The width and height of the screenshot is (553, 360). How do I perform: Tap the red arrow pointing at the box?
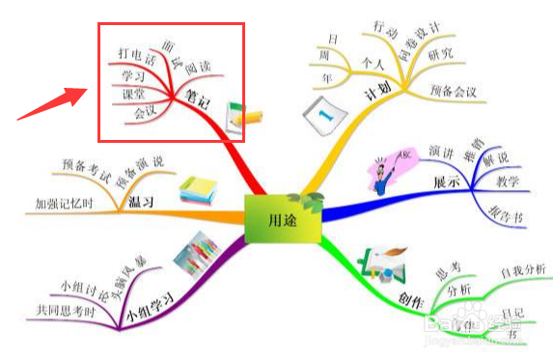tap(47, 103)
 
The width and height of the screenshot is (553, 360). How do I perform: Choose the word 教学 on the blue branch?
tap(508, 181)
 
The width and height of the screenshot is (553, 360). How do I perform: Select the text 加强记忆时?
tap(64, 205)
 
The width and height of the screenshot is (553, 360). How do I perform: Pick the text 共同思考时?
tap(66, 310)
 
